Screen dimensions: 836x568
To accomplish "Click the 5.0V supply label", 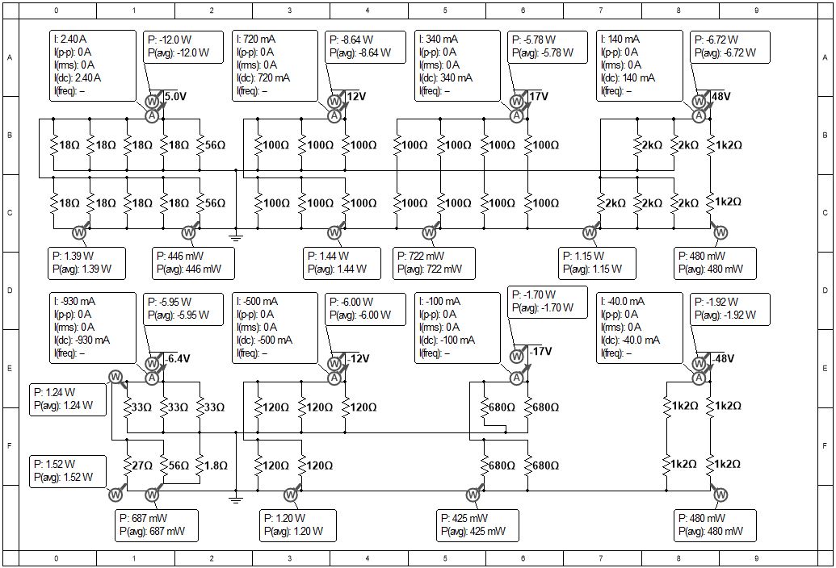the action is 175,96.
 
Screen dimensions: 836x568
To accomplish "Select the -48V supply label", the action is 723,358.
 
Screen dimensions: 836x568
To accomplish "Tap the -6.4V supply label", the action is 176,358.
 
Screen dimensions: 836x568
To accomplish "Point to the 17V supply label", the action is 539,96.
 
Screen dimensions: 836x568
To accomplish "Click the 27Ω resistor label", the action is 142,466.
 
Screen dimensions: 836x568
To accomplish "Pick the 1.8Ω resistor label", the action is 216,466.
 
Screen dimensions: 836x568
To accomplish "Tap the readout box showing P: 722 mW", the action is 434,263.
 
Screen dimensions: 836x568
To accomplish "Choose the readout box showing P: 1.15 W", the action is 597,263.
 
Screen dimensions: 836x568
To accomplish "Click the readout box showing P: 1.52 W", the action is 67,471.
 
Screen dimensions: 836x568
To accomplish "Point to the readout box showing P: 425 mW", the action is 477,525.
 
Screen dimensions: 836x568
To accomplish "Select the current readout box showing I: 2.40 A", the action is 93,65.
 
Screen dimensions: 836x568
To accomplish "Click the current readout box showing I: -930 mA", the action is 93,328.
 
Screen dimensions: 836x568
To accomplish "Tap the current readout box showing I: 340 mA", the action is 457,65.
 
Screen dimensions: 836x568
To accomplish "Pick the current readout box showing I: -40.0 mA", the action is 639,328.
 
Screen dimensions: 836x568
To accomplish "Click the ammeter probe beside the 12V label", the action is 334,115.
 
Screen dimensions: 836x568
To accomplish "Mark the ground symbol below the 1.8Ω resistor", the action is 236,498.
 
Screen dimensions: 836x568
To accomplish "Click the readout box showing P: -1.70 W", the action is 548,302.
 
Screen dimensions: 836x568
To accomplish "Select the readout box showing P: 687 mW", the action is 157,525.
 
